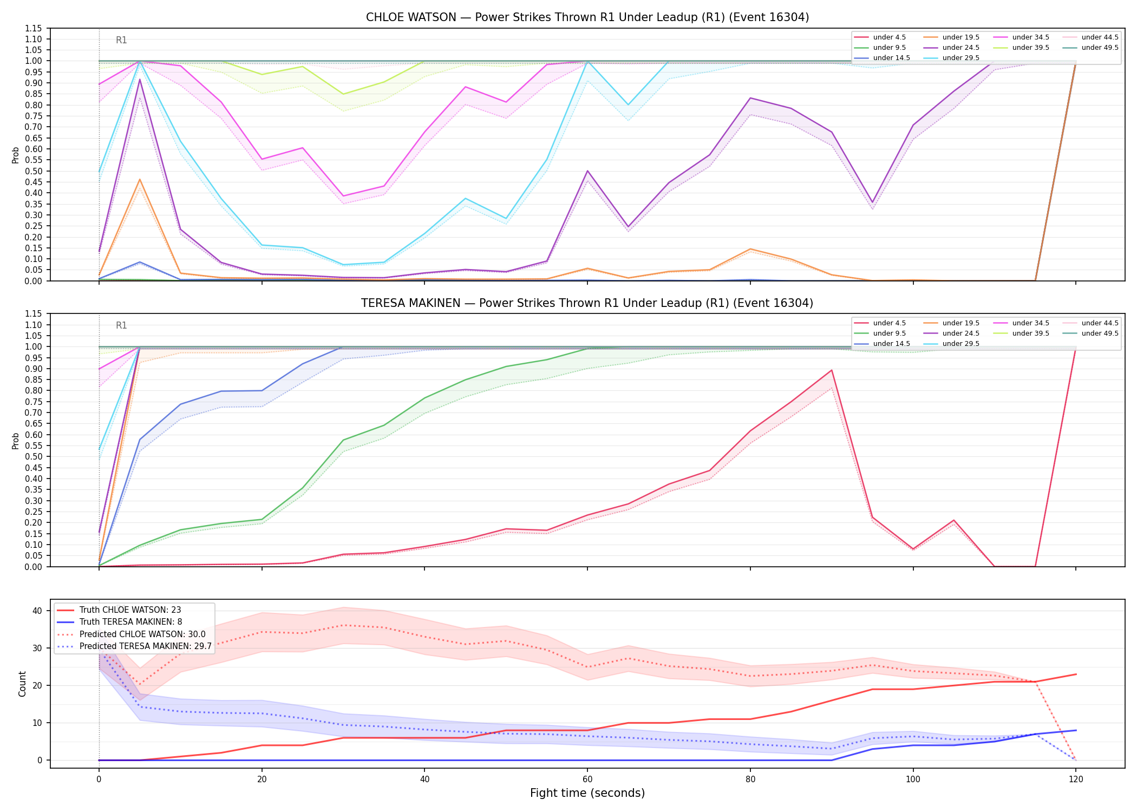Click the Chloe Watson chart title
(587, 17)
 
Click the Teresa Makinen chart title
(587, 303)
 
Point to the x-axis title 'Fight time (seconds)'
(587, 793)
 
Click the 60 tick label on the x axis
(587, 780)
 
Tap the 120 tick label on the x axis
(1076, 780)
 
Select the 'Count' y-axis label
(22, 684)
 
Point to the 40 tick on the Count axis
(37, 611)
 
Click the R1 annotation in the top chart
(121, 40)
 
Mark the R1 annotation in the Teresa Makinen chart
(121, 325)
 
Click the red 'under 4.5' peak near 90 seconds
(832, 370)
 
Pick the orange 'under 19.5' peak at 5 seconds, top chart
(140, 180)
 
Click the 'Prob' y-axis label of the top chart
(16, 155)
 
